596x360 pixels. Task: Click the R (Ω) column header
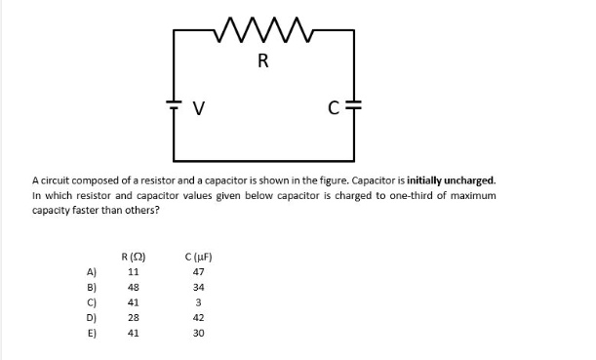pyautogui.click(x=133, y=258)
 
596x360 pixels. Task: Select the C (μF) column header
pyautogui.click(x=199, y=258)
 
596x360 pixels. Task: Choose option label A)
pyautogui.click(x=93, y=272)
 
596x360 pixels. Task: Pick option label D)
pyautogui.click(x=93, y=317)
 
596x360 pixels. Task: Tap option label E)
pyautogui.click(x=93, y=332)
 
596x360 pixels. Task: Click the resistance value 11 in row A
pyautogui.click(x=133, y=272)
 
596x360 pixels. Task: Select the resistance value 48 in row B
pyautogui.click(x=133, y=288)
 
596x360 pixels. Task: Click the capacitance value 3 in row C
pyautogui.click(x=199, y=302)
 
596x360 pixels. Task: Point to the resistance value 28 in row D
pyautogui.click(x=133, y=317)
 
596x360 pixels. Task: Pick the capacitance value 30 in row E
pyautogui.click(x=199, y=332)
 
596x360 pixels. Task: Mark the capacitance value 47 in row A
pyautogui.click(x=199, y=272)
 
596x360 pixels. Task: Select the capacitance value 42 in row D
pyautogui.click(x=199, y=317)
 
